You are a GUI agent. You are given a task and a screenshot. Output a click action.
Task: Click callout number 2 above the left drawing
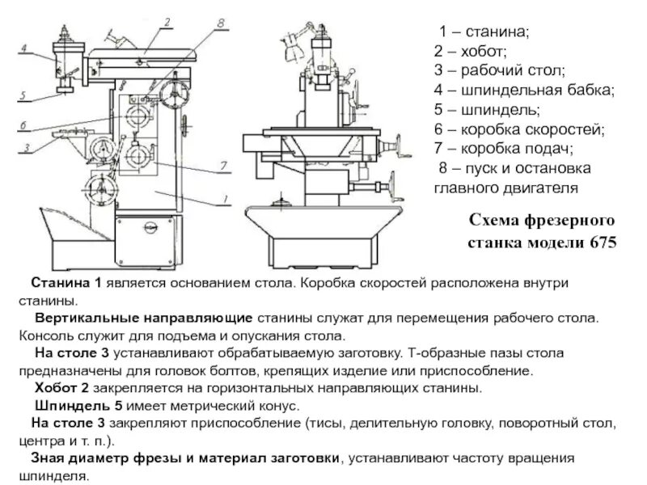pyautogui.click(x=165, y=22)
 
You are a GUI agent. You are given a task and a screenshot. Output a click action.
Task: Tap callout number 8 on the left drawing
pyautogui.click(x=221, y=24)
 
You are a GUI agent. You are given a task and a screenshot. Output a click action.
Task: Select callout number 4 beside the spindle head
pyautogui.click(x=24, y=48)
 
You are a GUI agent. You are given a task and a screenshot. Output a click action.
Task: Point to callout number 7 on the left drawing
pyautogui.click(x=219, y=167)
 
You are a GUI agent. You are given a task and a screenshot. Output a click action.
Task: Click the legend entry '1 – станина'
pyautogui.click(x=484, y=32)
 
